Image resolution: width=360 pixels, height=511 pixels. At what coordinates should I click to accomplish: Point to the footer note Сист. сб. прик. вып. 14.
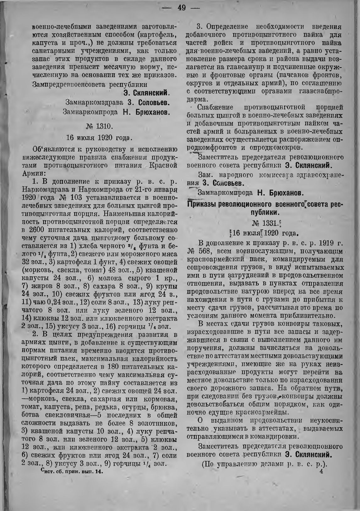click(72, 471)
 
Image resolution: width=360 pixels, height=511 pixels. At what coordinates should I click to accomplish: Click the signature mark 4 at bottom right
click(321, 470)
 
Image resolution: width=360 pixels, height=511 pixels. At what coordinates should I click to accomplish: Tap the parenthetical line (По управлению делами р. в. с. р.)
click(264, 463)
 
